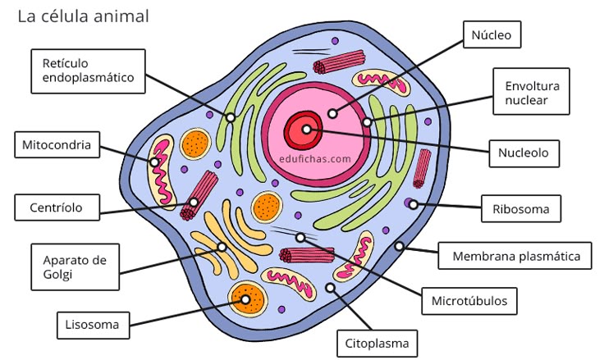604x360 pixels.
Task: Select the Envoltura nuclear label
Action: coord(532,93)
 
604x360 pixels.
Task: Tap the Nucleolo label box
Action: coord(523,152)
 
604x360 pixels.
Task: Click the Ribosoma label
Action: coord(520,208)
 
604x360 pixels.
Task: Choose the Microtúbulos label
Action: coord(469,300)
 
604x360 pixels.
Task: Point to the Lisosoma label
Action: coord(93,325)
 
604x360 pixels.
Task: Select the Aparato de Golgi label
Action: coord(75,267)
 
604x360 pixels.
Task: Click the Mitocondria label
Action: coord(57,146)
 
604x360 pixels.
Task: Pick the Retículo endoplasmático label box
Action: coord(89,71)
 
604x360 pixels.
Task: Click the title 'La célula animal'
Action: coord(84,16)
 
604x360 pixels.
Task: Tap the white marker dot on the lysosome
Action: coord(245,299)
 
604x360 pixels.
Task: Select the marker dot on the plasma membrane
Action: coord(400,245)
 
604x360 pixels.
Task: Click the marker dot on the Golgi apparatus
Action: coord(221,246)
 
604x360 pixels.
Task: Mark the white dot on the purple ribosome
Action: coord(413,203)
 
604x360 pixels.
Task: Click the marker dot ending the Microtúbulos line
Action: coord(300,237)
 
